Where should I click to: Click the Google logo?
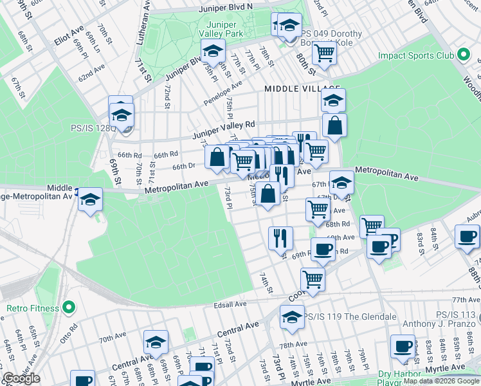[21, 378]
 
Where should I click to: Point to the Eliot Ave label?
[69, 35]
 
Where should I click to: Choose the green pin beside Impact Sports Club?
[462, 56]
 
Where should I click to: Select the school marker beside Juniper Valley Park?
[213, 50]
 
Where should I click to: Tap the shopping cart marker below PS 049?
[325, 53]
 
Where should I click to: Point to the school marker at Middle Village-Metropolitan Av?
[91, 199]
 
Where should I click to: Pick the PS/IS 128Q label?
[93, 127]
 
